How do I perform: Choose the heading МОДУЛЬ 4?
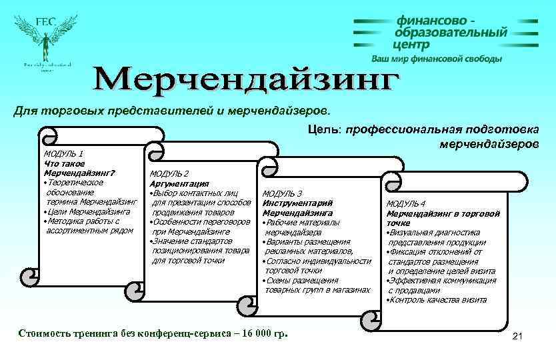click(x=406, y=203)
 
